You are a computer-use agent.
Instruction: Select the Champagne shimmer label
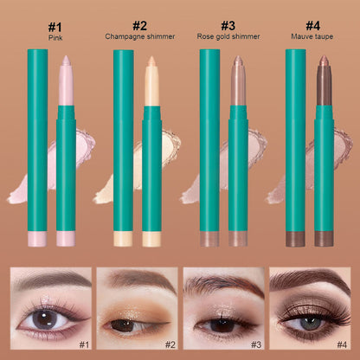[x=139, y=36]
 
